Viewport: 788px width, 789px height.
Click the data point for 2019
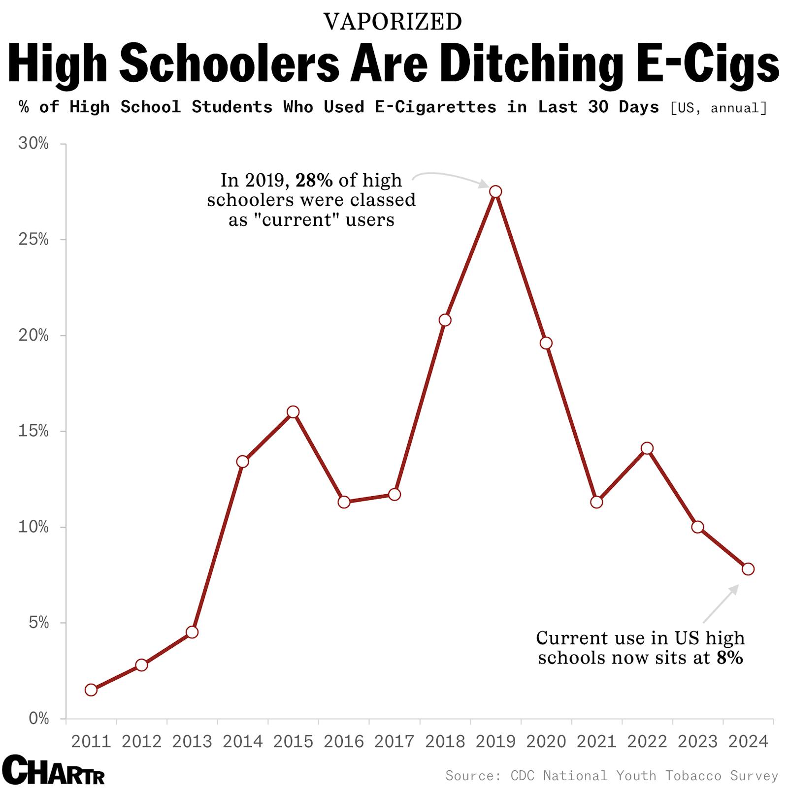(x=495, y=191)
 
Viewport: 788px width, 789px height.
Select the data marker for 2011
(x=91, y=690)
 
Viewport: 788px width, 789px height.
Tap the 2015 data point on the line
(x=293, y=412)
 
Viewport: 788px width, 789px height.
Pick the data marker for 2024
(x=748, y=569)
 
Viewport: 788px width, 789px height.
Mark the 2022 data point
(x=647, y=448)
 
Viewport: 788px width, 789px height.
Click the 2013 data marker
(x=192, y=632)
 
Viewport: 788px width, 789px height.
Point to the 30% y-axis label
(x=33, y=144)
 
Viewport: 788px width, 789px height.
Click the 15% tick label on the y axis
(x=33, y=432)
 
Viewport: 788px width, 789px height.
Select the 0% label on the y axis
(x=38, y=719)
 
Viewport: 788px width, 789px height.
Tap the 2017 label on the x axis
(x=394, y=742)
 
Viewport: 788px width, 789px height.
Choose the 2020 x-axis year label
(x=546, y=742)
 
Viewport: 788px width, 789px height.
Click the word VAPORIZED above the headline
(x=393, y=22)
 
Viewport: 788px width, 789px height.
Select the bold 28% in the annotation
(x=314, y=181)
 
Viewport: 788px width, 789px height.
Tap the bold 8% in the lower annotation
(x=729, y=658)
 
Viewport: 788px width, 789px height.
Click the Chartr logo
(x=53, y=770)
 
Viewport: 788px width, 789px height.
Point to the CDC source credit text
(x=611, y=776)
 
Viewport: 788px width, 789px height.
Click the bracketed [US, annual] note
(x=719, y=108)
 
